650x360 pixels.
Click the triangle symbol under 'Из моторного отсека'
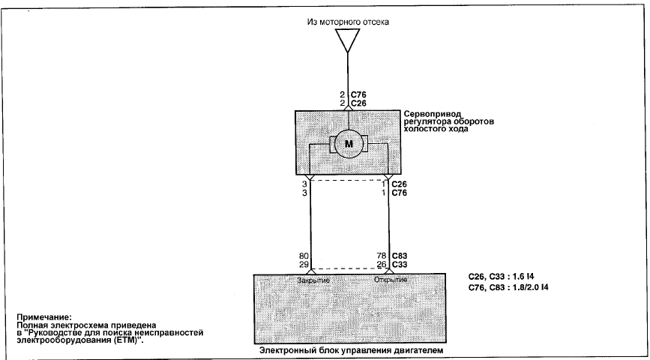pos(347,40)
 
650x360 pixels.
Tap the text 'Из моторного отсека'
pos(348,22)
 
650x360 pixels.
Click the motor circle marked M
pos(349,144)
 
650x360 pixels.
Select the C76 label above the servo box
pos(358,95)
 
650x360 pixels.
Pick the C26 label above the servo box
pos(358,103)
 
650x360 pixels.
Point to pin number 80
pos(304,256)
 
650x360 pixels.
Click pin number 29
pos(304,264)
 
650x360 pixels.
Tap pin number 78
pos(382,256)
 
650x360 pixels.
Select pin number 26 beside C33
pos(382,264)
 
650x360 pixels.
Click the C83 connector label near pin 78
pos(400,256)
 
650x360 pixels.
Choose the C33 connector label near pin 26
pos(400,264)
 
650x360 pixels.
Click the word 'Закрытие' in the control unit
pos(313,280)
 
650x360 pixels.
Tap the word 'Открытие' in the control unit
pos(391,280)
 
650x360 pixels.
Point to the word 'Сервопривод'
pos(432,114)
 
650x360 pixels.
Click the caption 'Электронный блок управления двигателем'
pos(351,350)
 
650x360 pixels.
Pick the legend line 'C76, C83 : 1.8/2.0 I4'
pos(508,287)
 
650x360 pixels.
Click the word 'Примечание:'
pos(44,318)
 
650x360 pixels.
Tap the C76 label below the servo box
pos(400,193)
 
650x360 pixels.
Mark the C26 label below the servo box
pos(400,184)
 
